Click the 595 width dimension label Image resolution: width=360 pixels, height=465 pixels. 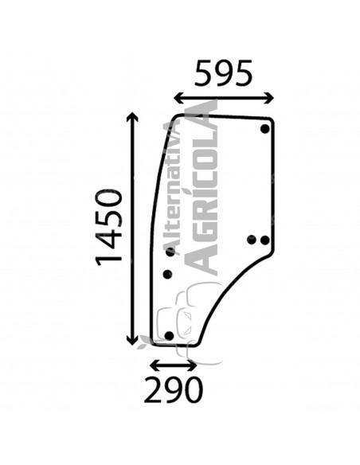pyautogui.click(x=224, y=73)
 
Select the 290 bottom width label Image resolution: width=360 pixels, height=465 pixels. pyautogui.click(x=174, y=391)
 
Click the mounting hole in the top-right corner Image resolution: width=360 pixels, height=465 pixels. pyautogui.click(x=265, y=130)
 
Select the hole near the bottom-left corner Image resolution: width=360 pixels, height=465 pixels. pyautogui.click(x=167, y=335)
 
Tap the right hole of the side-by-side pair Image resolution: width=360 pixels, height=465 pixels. pyautogui.click(x=265, y=240)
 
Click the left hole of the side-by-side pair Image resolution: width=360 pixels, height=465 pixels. pyautogui.click(x=252, y=240)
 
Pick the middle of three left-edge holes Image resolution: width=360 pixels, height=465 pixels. pyautogui.click(x=167, y=275)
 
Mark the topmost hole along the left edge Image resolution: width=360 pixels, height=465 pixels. pyautogui.click(x=170, y=252)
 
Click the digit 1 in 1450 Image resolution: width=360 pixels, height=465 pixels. pyautogui.click(x=111, y=259)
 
